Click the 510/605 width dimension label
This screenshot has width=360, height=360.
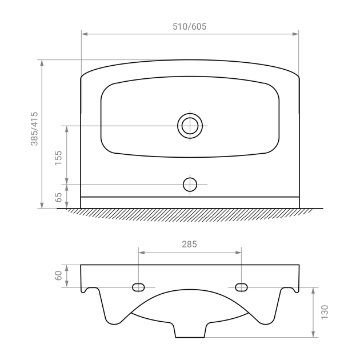pos(189,27)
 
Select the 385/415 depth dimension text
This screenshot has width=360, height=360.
pos(35,129)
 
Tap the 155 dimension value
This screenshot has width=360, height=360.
pos(58,158)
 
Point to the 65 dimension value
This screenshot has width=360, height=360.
pos(59,197)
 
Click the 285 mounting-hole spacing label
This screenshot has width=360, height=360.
pos(189,245)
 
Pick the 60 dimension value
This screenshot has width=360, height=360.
pos(58,275)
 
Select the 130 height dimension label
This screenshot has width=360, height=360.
pos(325,312)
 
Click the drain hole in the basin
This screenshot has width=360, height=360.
pos(190,126)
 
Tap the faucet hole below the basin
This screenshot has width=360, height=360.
pos(190,185)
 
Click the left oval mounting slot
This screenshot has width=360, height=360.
pos(138,287)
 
